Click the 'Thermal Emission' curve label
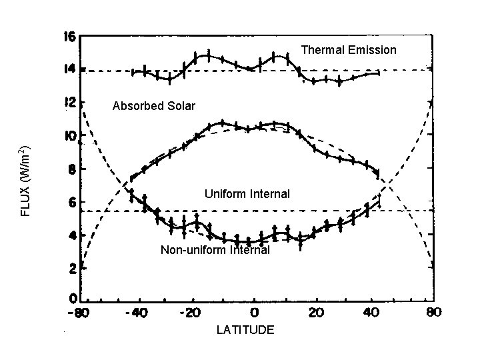pyautogui.click(x=349, y=50)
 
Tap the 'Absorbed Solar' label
pyautogui.click(x=154, y=106)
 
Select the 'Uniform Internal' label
pyautogui.click(x=247, y=194)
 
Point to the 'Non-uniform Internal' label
pyautogui.click(x=215, y=251)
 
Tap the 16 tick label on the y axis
pyautogui.click(x=69, y=37)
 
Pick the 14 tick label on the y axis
pyautogui.click(x=69, y=69)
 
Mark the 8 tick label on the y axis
pyautogui.click(x=71, y=169)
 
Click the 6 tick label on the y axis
pyautogui.click(x=71, y=202)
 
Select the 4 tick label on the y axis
pyautogui.click(x=71, y=235)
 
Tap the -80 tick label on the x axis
pyautogui.click(x=79, y=312)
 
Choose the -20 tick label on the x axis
pyautogui.click(x=191, y=312)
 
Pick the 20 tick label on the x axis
pyautogui.click(x=317, y=312)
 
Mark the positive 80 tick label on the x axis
pyautogui.click(x=433, y=312)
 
